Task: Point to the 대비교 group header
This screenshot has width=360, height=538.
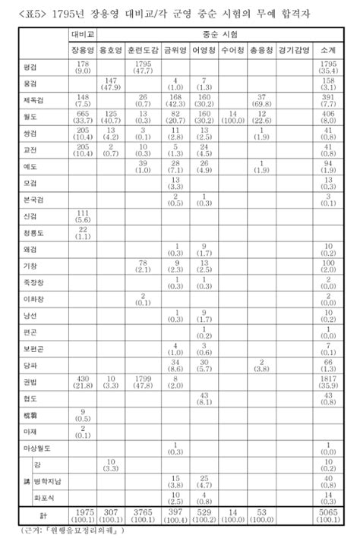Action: point(81,35)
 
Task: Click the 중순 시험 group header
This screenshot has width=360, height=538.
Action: point(218,35)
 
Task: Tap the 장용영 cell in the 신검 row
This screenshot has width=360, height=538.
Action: point(81,219)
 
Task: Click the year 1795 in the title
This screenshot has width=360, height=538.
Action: point(72,10)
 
